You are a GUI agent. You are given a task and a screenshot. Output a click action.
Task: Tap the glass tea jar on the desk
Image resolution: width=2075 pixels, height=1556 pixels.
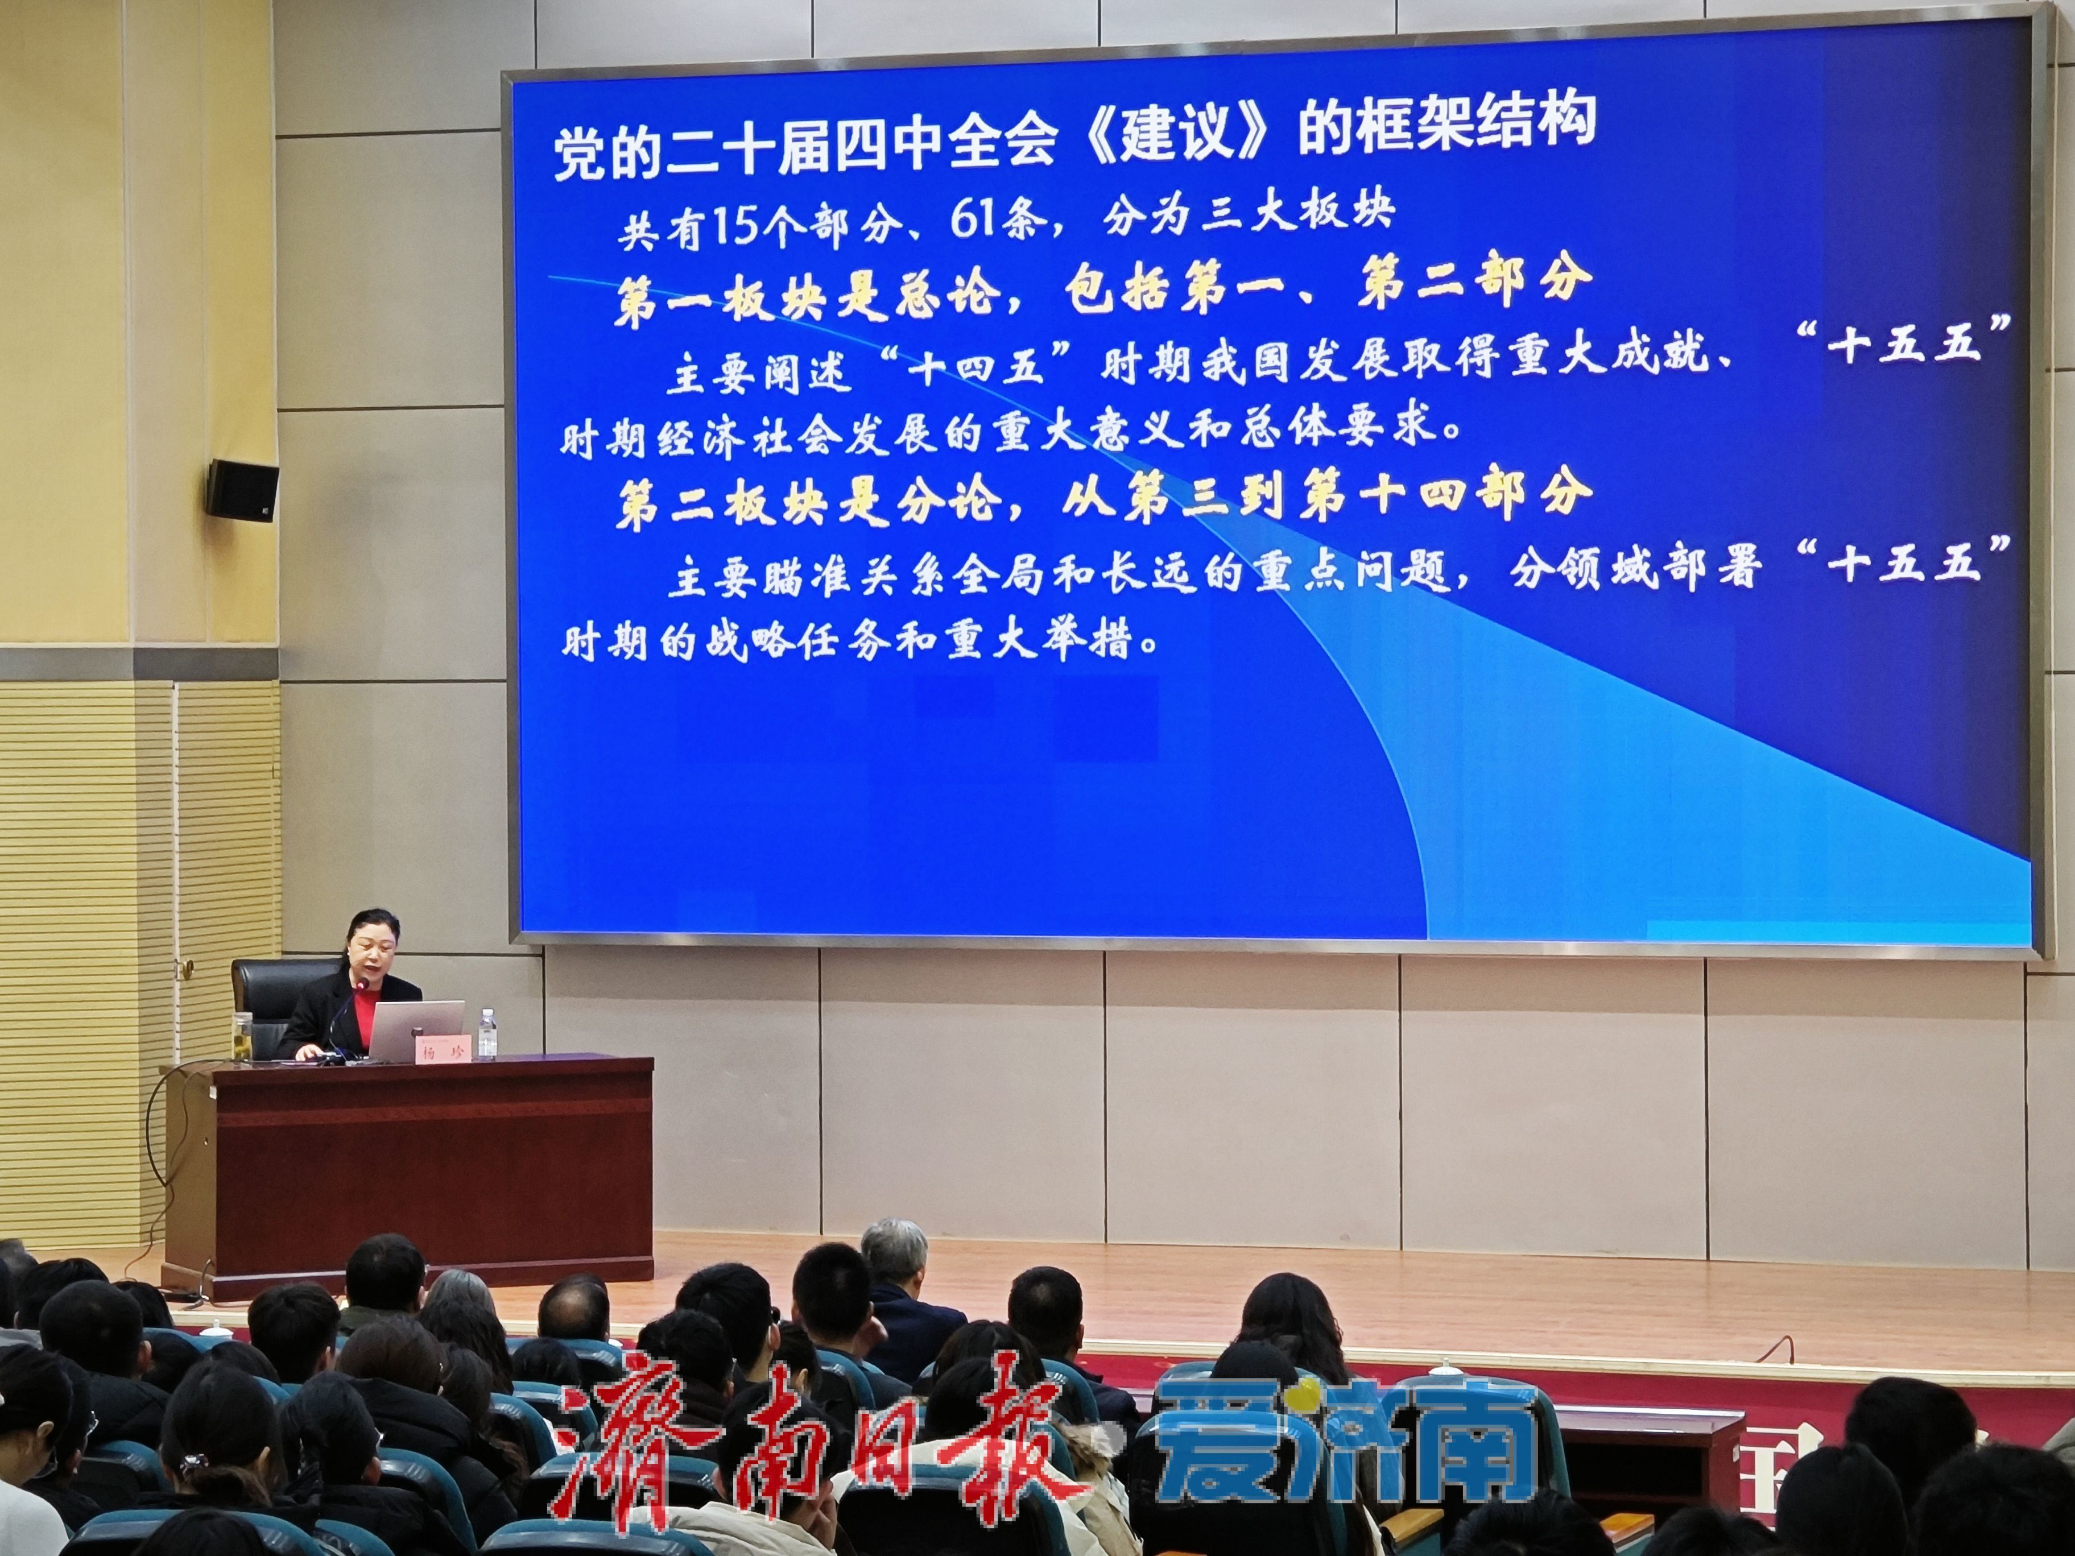pos(242,1036)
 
